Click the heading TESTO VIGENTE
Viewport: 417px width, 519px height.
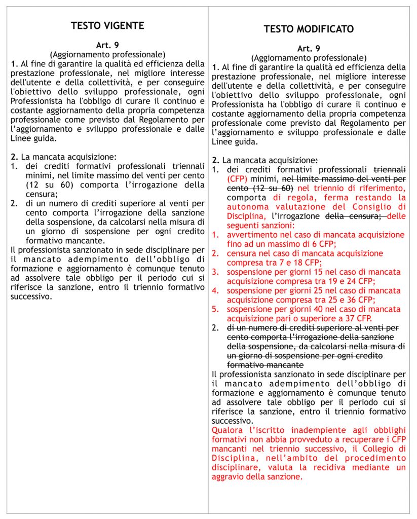(107, 26)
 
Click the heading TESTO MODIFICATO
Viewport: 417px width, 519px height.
(309, 29)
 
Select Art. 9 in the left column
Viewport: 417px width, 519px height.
(107, 45)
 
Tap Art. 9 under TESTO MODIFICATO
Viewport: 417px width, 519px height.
(309, 49)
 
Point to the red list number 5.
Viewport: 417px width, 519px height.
(215, 309)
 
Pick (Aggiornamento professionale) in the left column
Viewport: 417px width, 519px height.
(107, 54)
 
